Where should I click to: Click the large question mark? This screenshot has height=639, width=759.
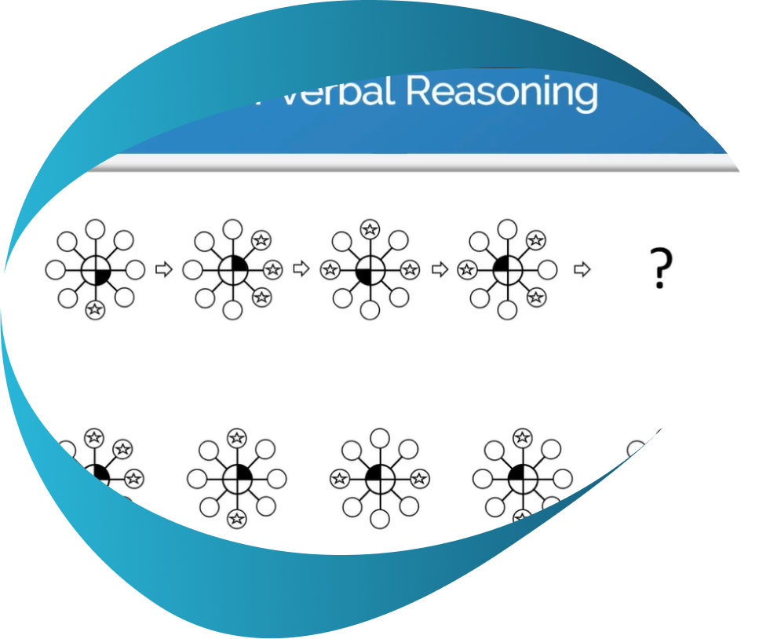(x=662, y=268)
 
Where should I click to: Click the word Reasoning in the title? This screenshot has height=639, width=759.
(x=502, y=92)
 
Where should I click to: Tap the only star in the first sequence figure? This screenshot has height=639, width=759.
(x=95, y=309)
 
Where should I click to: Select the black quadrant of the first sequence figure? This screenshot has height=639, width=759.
(x=101, y=276)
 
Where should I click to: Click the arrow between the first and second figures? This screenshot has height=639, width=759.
(x=163, y=270)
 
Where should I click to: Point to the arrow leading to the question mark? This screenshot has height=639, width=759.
(x=582, y=270)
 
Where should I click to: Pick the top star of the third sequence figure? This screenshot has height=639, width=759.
(x=369, y=228)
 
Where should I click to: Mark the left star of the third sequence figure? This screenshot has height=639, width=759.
(x=330, y=270)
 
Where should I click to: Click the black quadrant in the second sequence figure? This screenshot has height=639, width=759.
(x=239, y=265)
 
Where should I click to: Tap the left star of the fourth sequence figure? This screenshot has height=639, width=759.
(x=467, y=270)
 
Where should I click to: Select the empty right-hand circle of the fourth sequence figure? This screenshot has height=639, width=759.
(x=548, y=270)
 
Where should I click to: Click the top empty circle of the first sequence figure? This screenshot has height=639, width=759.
(x=95, y=228)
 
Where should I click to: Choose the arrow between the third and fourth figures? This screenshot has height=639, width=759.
(x=440, y=270)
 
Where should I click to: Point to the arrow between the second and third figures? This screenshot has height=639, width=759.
(x=301, y=270)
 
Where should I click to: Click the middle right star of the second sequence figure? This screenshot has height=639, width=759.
(x=272, y=270)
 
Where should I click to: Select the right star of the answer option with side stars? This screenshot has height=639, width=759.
(x=419, y=477)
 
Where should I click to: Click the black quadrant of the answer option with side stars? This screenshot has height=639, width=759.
(x=386, y=472)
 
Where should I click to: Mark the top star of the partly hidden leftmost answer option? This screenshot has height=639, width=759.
(x=95, y=436)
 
